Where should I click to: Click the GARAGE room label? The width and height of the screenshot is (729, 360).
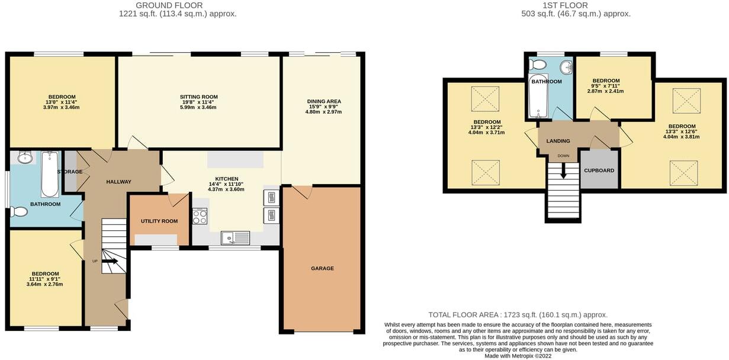(322, 268)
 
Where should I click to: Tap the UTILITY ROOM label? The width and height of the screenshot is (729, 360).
(159, 221)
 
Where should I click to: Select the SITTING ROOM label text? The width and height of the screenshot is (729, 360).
(199, 97)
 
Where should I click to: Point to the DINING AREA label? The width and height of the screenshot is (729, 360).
(323, 101)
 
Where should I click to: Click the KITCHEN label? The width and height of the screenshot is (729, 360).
(226, 179)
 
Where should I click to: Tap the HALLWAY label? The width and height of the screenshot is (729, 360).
(118, 182)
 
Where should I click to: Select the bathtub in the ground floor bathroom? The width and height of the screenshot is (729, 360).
(49, 173)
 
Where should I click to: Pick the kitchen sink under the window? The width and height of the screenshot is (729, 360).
(236, 238)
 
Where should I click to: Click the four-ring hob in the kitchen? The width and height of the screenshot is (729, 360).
(200, 217)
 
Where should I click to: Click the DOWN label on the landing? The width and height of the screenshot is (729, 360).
(563, 156)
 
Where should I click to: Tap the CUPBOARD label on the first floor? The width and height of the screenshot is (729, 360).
(599, 171)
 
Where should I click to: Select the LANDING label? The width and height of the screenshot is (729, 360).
(558, 141)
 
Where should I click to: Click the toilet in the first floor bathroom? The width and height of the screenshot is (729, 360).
(538, 64)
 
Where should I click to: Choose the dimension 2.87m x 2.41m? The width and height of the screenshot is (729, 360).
(606, 91)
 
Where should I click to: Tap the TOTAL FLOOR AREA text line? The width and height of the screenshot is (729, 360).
(518, 315)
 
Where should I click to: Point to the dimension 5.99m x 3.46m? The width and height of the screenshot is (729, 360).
(198, 107)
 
